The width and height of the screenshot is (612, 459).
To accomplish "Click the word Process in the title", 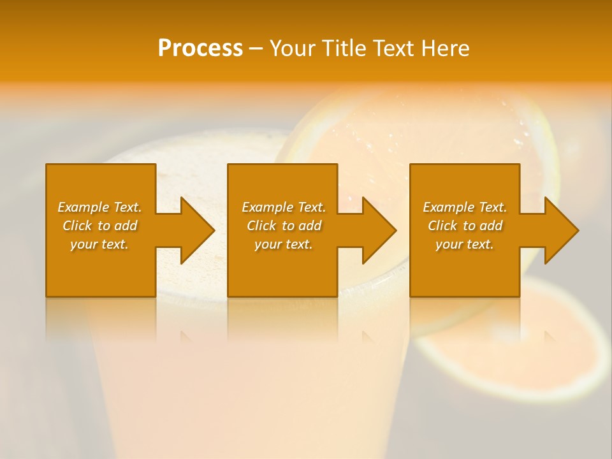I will coord(200,48).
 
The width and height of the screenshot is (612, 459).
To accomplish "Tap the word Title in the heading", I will coord(344,48).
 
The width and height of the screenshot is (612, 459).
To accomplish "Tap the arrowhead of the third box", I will coord(560,230).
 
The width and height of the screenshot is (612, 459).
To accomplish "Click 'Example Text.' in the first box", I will coord(99,207).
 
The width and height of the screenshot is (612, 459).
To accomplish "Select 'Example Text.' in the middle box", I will coord(284,207).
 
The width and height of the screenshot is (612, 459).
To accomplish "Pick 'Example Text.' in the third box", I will coord(465,207).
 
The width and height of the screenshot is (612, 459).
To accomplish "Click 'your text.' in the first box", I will coord(99,244).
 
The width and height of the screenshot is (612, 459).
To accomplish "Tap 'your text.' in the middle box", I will coord(284,244).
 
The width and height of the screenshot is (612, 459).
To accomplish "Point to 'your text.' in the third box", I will coord(465,244).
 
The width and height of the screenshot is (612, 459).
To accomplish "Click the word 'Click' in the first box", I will coord(77,226).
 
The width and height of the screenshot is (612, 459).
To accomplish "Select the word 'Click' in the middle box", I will coord(261,226).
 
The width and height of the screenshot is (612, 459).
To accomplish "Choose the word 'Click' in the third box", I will coord(442,226).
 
